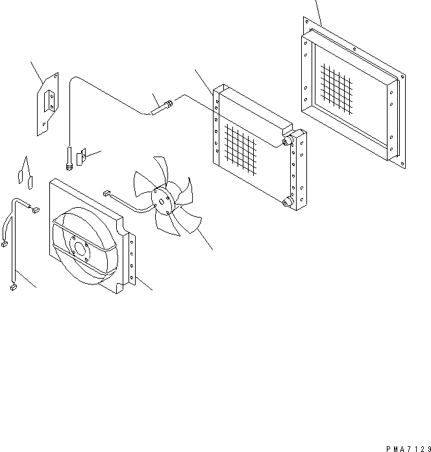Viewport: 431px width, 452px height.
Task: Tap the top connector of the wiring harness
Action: (x=34, y=209)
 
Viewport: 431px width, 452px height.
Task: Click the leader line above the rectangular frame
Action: (x=318, y=12)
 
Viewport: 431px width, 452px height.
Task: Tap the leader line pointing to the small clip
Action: (x=94, y=153)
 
